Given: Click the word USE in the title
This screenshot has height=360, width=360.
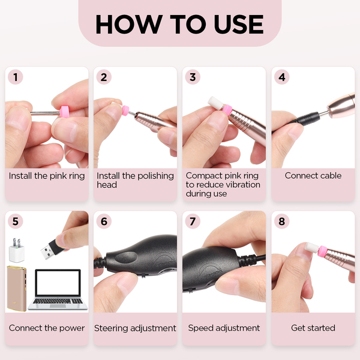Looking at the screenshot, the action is point(239,24).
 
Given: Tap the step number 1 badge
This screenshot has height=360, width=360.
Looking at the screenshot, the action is point(16,77).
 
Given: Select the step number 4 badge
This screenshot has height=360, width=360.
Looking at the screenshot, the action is point(282,77).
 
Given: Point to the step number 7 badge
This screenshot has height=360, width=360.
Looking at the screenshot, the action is point(193,221).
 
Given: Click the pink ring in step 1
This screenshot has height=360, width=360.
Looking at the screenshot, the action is point(64,112).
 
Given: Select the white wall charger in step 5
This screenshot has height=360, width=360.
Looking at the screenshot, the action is point(16,251).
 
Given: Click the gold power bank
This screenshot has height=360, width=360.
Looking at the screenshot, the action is point(17,289).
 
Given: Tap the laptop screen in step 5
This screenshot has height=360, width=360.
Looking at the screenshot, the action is point(58,283).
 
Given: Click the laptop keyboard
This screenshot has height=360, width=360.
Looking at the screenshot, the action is point(58,301).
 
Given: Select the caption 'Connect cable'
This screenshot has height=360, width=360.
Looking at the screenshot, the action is point(313,176).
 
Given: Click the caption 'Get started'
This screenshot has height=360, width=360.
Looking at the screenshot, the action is point(313,328).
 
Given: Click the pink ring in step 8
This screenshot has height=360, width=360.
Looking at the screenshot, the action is point(323,251).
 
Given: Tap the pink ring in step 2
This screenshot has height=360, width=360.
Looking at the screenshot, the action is point(125,110).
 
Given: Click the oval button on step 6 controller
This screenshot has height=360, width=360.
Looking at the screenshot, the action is point(126,257).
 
